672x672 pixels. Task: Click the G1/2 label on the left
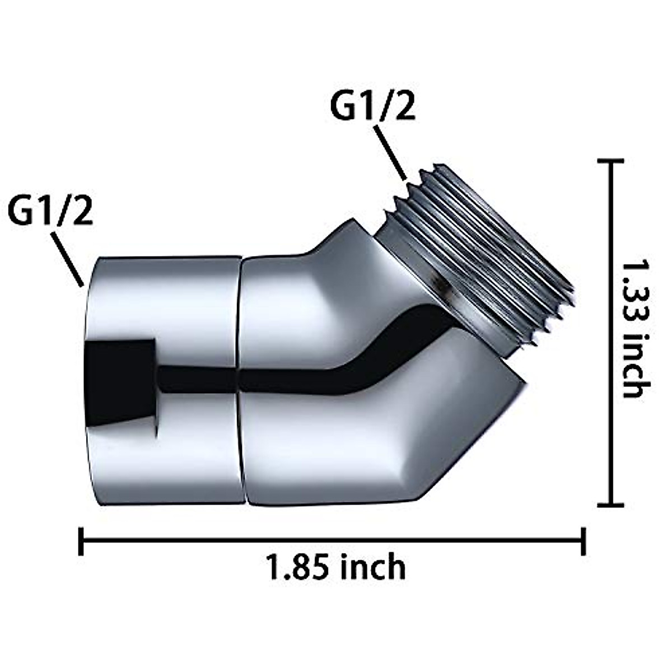pyautogui.click(x=50, y=212)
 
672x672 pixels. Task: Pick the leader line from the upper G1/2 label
pyautogui.click(x=391, y=154)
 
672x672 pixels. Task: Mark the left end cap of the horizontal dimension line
pyautogui.click(x=82, y=540)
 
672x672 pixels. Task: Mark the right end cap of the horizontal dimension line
pyautogui.click(x=584, y=540)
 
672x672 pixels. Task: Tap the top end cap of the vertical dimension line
pyautogui.click(x=610, y=161)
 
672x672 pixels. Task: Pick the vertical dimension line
pyautogui.click(x=610, y=336)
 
